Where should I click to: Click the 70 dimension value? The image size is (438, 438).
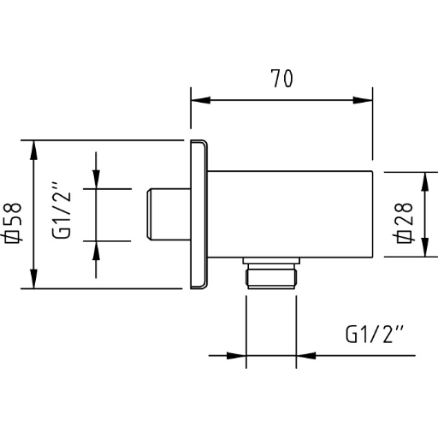tap(281, 79)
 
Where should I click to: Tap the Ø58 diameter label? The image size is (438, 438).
tap(13, 222)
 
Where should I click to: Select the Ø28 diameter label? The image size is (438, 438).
tap(404, 222)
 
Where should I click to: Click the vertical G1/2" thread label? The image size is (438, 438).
tap(62, 210)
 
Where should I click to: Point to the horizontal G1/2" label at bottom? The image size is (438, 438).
tap(375, 334)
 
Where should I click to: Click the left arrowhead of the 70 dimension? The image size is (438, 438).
tap(200, 100)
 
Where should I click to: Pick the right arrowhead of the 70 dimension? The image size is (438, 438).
tap(363, 100)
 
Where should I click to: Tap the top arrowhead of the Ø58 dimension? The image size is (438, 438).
tap(33, 151)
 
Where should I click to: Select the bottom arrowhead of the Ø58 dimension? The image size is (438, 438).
tap(33, 279)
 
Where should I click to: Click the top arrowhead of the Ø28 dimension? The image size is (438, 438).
tap(425, 181)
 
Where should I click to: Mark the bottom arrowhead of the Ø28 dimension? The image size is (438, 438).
tap(425, 247)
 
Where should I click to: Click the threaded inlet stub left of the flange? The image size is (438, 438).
tap(169, 215)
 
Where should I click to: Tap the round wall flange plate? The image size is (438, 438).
tap(198, 215)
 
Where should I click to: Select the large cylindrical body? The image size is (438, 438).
tap(290, 215)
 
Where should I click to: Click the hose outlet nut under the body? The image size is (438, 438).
tap(271, 276)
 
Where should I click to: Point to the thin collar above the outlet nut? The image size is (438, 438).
tap(271, 261)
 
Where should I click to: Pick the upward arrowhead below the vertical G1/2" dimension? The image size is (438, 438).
tap(96, 251)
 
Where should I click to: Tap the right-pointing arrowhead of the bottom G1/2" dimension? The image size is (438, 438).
tap(236, 356)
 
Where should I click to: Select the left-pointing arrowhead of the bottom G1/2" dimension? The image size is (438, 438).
tap(306, 356)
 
